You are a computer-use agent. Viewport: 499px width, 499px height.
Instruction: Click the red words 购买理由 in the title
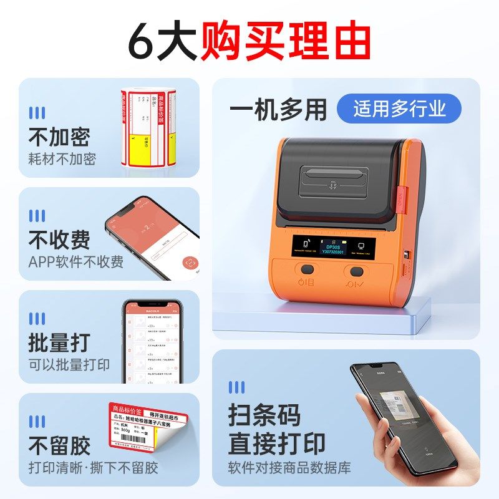[286, 42]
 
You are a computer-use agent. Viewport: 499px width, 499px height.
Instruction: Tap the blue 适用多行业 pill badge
[399, 109]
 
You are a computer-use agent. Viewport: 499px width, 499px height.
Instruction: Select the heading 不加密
[59, 137]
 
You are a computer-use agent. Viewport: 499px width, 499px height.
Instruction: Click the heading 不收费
[59, 240]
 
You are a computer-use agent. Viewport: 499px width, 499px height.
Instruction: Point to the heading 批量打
[59, 342]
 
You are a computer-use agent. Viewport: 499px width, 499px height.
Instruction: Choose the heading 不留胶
[59, 445]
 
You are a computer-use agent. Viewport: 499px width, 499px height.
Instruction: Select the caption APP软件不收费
[75, 261]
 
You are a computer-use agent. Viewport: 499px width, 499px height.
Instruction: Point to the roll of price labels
[148, 128]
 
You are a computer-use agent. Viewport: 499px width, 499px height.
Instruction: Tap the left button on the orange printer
[306, 271]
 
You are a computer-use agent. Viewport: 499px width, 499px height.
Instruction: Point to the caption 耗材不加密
[62, 159]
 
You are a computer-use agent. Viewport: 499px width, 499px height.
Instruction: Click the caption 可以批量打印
[69, 365]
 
